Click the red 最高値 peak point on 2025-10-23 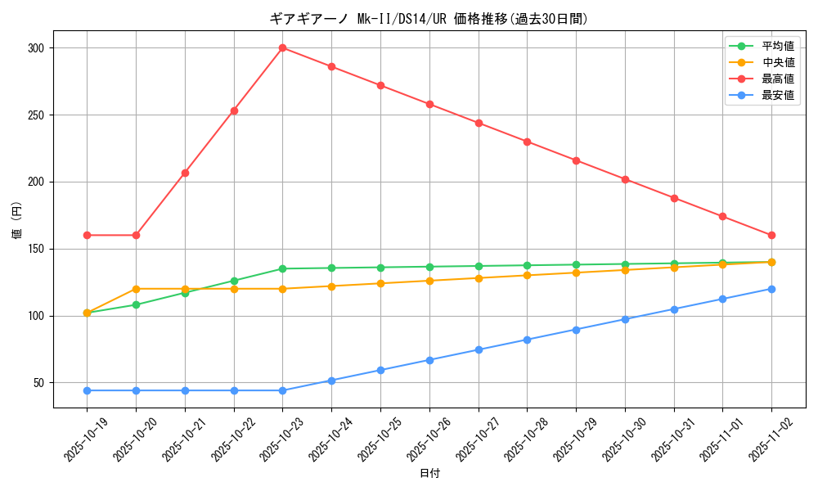point(282,47)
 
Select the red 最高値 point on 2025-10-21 point(185,173)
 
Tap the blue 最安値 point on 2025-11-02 point(771,289)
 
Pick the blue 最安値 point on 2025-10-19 point(87,390)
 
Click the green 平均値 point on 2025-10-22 point(234,281)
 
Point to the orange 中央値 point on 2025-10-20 point(136,289)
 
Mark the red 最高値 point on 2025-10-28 point(527,142)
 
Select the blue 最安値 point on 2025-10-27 point(479,349)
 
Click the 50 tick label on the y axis point(38,383)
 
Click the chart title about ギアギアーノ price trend point(429,19)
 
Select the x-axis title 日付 point(429,474)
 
